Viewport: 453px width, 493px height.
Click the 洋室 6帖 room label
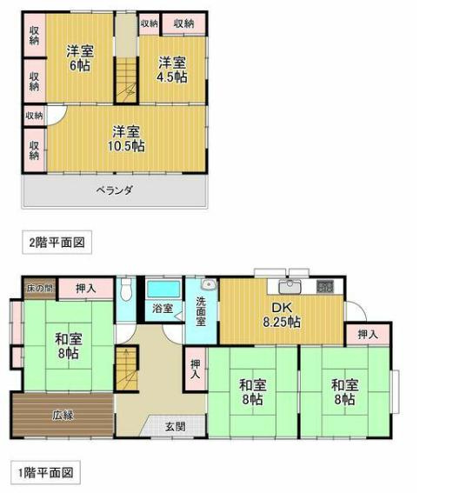tap(80, 58)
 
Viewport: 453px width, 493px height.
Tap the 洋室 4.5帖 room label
tap(172, 70)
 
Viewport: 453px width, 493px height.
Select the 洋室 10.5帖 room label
tap(126, 138)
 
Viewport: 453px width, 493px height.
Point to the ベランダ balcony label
tap(115, 190)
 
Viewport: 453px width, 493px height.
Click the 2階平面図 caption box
tap(57, 242)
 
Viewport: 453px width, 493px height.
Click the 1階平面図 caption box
tap(45, 472)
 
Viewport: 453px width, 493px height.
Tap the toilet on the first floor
tap(126, 289)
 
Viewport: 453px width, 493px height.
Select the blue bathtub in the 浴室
tap(163, 290)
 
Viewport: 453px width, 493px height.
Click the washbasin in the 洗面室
tap(209, 284)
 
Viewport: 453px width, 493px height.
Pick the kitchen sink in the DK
tap(290, 286)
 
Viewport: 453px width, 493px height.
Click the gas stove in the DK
tap(325, 286)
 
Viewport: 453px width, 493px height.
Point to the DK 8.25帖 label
tap(282, 315)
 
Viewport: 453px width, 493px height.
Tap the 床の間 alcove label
tap(40, 288)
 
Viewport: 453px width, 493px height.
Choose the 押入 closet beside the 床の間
tap(86, 289)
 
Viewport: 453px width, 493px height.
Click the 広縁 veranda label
tap(63, 416)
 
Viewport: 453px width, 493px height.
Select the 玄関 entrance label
tap(176, 427)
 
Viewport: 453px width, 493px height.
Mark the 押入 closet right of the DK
tap(368, 335)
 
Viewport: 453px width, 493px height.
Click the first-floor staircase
tap(126, 368)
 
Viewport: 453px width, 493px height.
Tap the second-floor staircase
tap(126, 79)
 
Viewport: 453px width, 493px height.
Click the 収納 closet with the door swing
tap(35, 116)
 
